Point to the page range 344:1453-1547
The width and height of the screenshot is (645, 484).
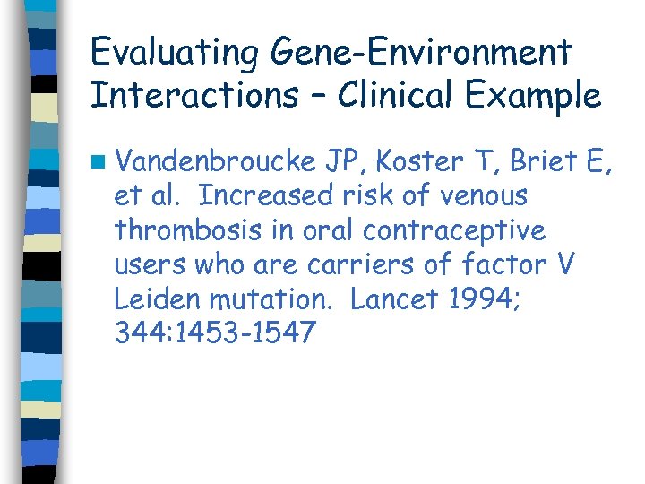point(215,333)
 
